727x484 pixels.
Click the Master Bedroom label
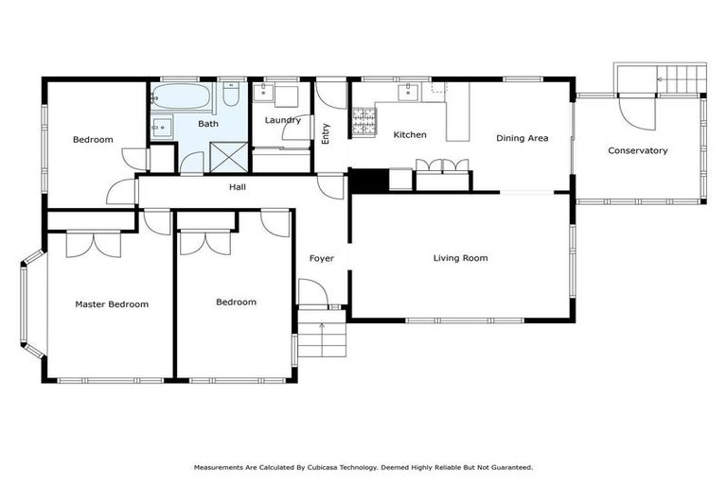point(112,304)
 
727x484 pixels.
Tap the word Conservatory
point(637,150)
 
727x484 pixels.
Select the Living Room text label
point(460,258)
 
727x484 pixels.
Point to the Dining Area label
point(522,138)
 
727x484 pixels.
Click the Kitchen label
point(410,135)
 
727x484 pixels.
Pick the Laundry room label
point(282,120)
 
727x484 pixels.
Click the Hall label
point(238,187)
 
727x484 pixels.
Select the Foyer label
point(322,258)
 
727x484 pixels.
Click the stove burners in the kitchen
point(364,120)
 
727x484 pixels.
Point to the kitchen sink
point(410,92)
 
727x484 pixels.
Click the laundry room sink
point(264,93)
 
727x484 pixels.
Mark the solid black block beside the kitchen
point(368,180)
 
